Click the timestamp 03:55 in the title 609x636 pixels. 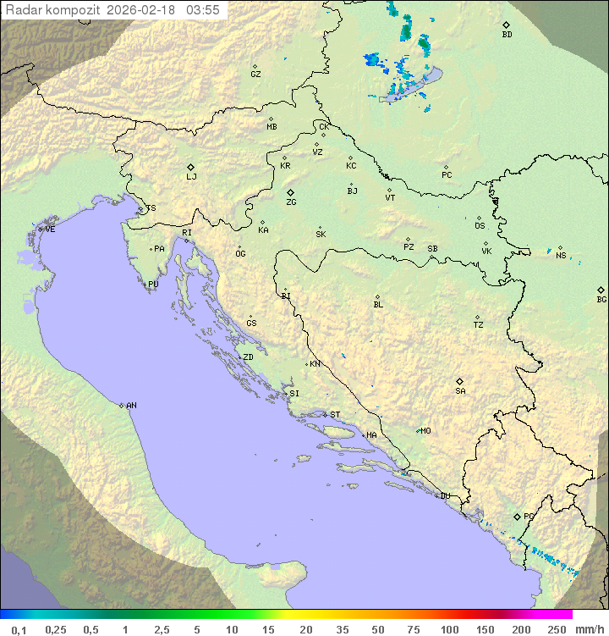[204, 9]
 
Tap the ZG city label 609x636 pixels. [291, 202]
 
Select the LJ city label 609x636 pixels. [191, 177]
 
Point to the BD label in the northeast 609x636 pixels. [507, 35]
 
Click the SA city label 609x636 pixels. [460, 391]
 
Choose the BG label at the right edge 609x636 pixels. [601, 299]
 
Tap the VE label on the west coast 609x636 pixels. [50, 230]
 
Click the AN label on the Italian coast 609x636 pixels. [131, 406]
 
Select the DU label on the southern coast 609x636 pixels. [444, 496]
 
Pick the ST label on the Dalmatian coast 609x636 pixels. [335, 415]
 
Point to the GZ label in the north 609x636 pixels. [255, 75]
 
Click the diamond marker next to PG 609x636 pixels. [517, 516]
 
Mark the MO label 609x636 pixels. [425, 431]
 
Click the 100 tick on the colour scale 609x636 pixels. [449, 629]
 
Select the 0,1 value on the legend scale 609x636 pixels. [19, 629]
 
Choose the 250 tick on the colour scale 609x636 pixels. [557, 629]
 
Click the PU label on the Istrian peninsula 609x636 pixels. [153, 285]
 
